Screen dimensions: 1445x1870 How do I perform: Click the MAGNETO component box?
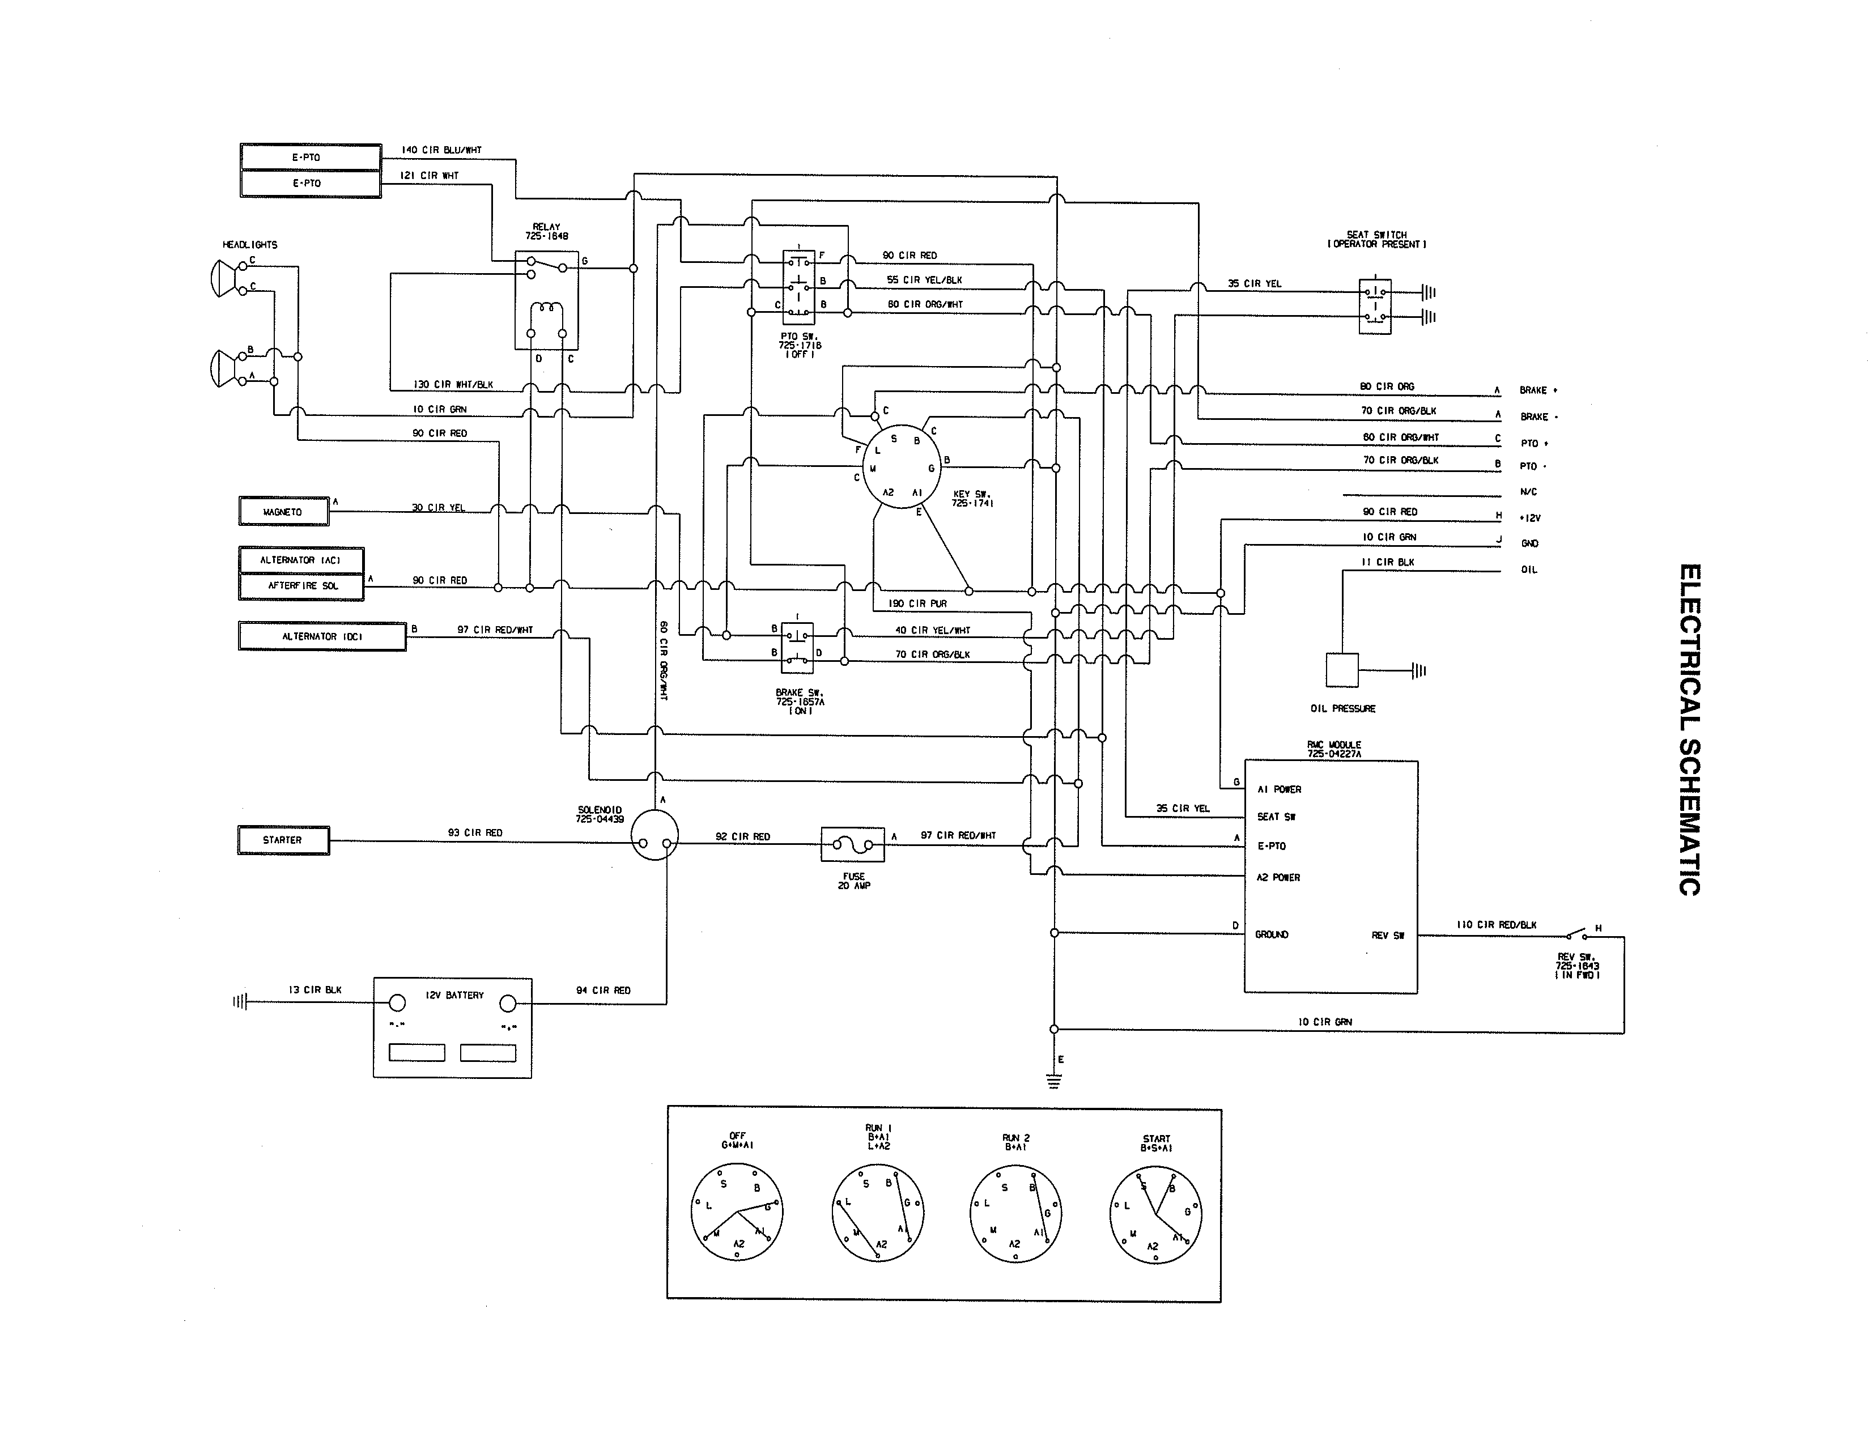tap(283, 512)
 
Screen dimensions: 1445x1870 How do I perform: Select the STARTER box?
tap(283, 840)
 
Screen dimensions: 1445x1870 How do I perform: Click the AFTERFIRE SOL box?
tap(302, 585)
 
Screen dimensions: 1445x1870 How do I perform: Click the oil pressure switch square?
tap(1342, 669)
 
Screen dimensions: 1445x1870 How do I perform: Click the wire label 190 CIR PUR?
tap(917, 603)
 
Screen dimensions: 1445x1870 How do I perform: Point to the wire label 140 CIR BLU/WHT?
tap(442, 150)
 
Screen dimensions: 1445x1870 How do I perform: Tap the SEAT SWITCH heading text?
tap(1376, 239)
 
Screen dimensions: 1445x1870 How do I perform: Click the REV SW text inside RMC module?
tap(1387, 936)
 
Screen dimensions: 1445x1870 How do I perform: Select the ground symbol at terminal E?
tap(1054, 1082)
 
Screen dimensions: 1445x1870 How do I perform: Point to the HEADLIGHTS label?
tap(250, 245)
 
